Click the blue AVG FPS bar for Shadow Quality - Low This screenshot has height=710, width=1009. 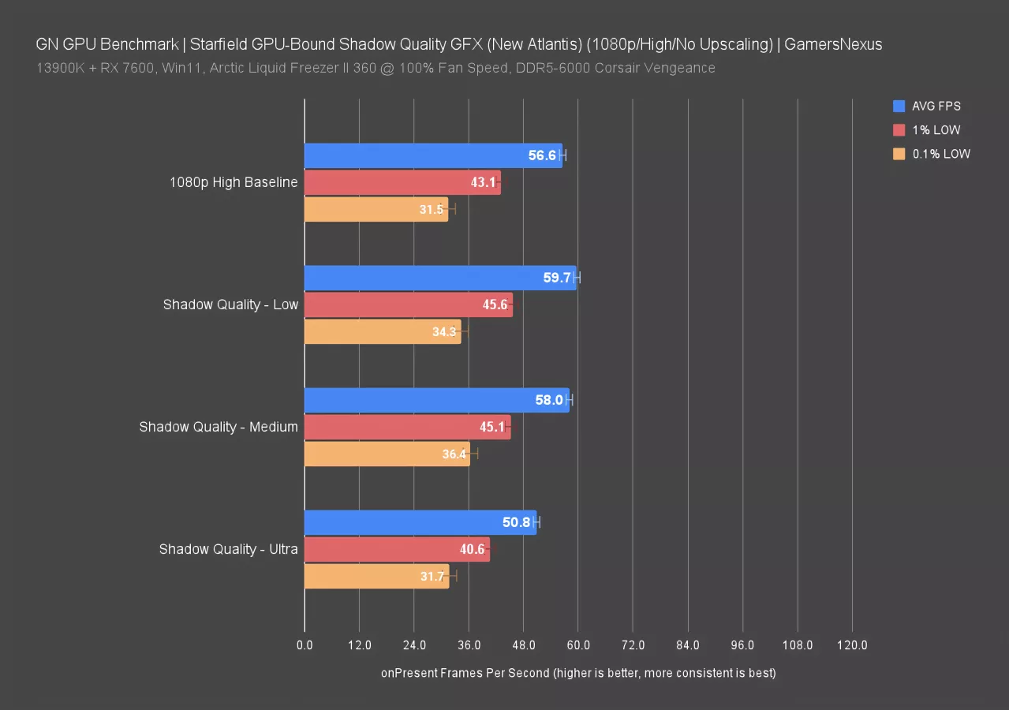coord(440,278)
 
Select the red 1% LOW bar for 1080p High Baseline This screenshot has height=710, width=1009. coord(402,182)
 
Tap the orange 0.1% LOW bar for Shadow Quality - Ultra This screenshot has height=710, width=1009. coord(376,576)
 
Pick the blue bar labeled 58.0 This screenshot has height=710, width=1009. coord(436,400)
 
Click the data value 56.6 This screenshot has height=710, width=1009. coord(542,155)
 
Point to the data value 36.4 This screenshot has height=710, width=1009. coord(454,454)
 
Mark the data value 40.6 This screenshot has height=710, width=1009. coord(472,549)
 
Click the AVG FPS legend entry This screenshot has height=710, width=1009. coord(936,106)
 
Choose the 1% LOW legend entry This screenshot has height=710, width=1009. coord(936,130)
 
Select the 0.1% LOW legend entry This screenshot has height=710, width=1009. coord(940,154)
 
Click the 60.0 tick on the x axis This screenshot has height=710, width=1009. coord(578,645)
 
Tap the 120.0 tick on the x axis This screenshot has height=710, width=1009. coord(852,645)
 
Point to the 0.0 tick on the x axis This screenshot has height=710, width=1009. coord(305,645)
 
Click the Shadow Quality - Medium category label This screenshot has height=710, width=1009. coord(219,427)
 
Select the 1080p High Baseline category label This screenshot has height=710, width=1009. coord(234,182)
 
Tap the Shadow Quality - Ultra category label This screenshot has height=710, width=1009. coord(228,549)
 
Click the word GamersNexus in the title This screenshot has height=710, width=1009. coord(834,44)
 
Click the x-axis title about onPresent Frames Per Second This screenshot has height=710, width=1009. coord(578,673)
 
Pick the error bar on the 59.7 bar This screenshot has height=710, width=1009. coord(577,278)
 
